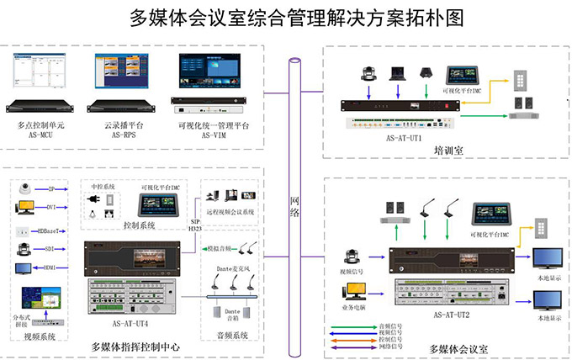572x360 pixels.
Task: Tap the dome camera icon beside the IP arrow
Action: click(x=25, y=188)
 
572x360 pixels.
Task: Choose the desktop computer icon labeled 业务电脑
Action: click(x=352, y=292)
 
